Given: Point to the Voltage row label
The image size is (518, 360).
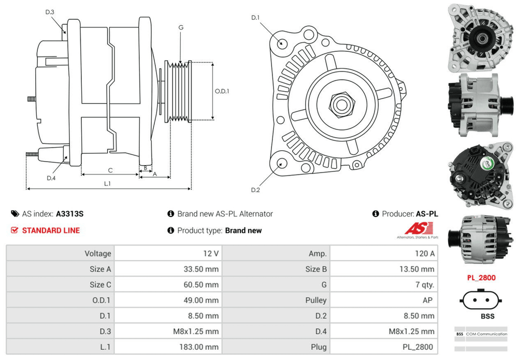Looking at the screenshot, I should pyautogui.click(x=98, y=253).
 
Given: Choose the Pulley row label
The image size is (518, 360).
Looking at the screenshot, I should pyautogui.click(x=316, y=300).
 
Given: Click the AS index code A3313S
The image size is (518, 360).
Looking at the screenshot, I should pyautogui.click(x=69, y=213).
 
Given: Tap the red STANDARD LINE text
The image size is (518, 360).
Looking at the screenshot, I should pyautogui.click(x=51, y=231).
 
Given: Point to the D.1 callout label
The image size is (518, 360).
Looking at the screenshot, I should pyautogui.click(x=255, y=18).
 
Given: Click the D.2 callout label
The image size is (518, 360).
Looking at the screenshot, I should pyautogui.click(x=255, y=190).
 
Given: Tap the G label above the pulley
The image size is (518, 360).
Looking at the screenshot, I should pyautogui.click(x=180, y=27).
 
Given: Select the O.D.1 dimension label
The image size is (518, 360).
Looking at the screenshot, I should pyautogui.click(x=222, y=91).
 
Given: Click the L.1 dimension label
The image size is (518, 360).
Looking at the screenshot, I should pyautogui.click(x=108, y=183).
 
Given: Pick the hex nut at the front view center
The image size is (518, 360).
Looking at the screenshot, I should pyautogui.click(x=341, y=104).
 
